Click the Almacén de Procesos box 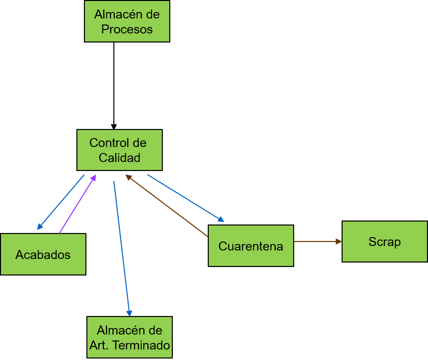(x=127, y=21)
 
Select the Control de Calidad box (x=119, y=150)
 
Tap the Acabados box (x=43, y=254)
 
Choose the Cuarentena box (x=251, y=246)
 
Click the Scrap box (x=385, y=242)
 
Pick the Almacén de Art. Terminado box (x=129, y=337)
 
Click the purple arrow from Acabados (x=77, y=204)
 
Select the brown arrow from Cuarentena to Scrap (x=317, y=241)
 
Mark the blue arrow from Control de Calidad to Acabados (x=61, y=202)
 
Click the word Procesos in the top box (x=127, y=29)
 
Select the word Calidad (x=119, y=158)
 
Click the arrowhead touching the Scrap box (x=339, y=241)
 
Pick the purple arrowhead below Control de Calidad (x=93, y=177)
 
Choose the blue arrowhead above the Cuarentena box (x=220, y=219)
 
